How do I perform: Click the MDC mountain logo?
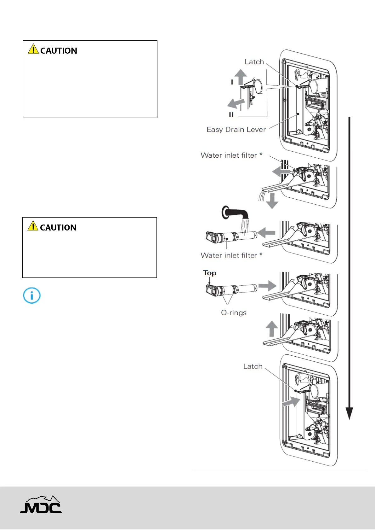click(41, 505)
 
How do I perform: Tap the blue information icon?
click(32, 296)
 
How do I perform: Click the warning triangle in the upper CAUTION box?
click(33, 49)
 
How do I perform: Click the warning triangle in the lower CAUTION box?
click(33, 226)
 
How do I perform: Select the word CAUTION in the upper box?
click(59, 51)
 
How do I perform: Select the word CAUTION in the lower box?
click(58, 228)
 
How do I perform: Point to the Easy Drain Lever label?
click(236, 130)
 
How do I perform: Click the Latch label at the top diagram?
click(254, 62)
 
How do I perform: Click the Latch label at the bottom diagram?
click(253, 366)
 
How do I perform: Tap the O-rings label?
click(234, 313)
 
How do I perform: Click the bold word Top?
click(210, 273)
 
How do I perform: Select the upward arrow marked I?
click(241, 77)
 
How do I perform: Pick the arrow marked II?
click(236, 103)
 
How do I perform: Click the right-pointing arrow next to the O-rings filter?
click(267, 286)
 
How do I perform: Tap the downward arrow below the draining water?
click(272, 201)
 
